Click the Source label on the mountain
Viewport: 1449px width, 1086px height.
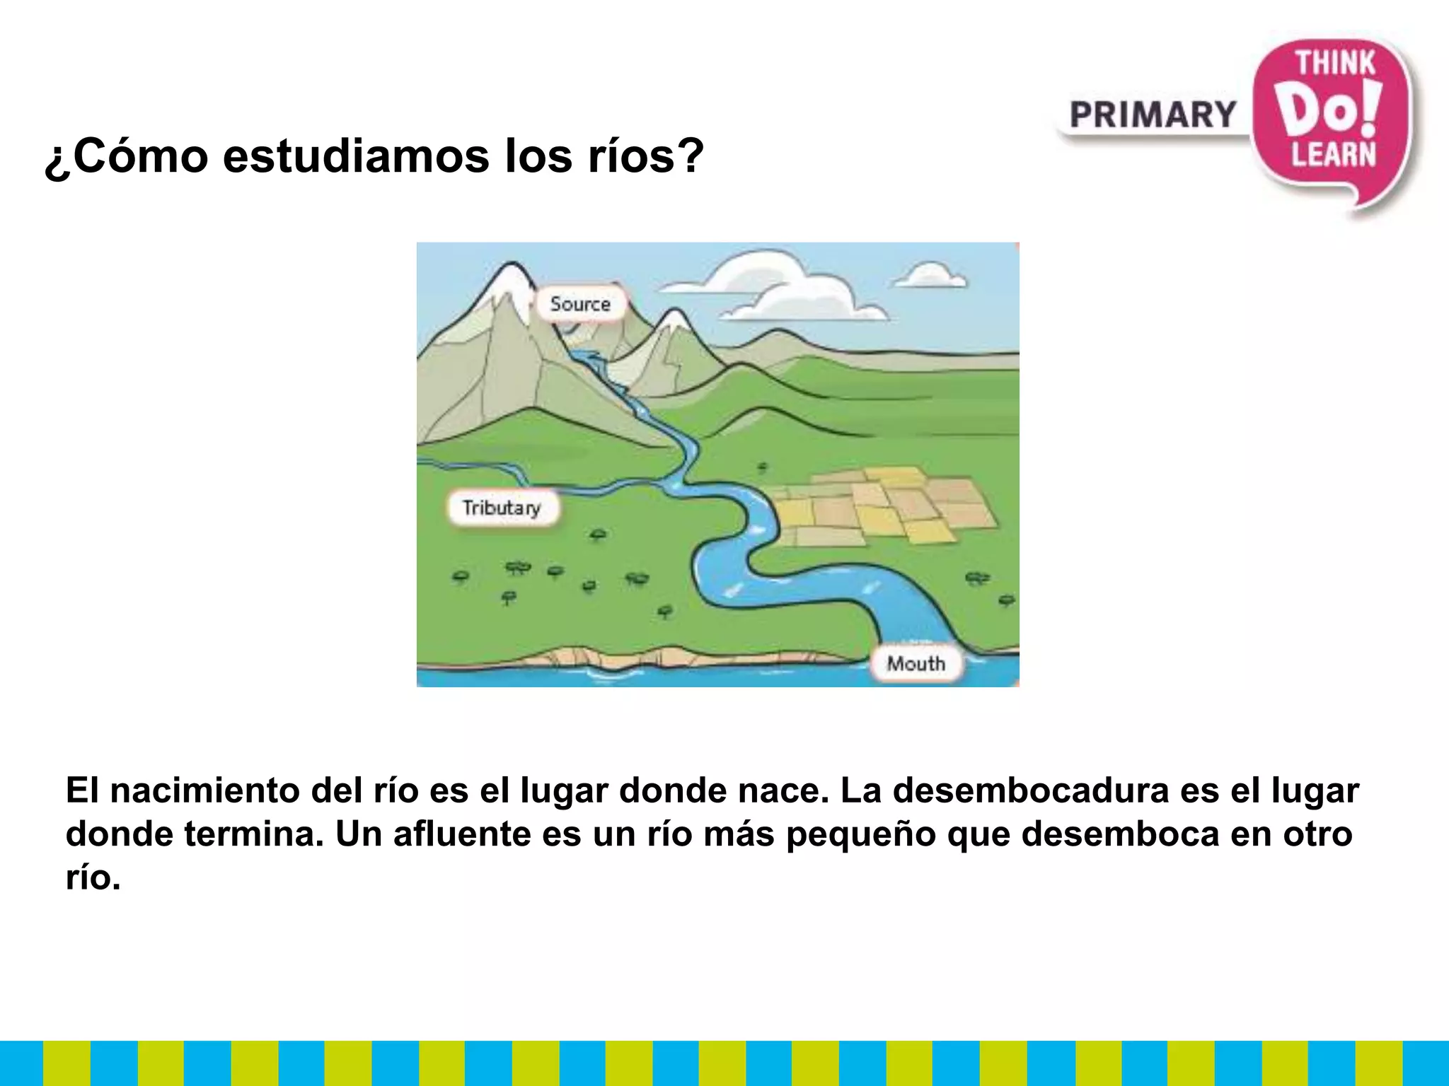(580, 304)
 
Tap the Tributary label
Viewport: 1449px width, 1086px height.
(502, 508)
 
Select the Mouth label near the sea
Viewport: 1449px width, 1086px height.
(916, 663)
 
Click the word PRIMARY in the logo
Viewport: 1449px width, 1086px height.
(1153, 115)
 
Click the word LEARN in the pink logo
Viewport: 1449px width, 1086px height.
(1334, 154)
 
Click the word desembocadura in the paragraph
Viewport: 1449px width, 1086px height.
(1030, 790)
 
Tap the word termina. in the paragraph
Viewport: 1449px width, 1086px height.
(254, 834)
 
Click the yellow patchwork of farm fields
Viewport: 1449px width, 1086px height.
(884, 506)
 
